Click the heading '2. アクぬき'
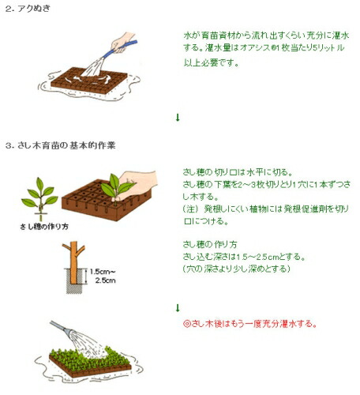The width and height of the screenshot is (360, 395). point(28,9)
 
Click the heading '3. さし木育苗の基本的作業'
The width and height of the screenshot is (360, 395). point(61,145)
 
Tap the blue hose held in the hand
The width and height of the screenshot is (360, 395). point(120,49)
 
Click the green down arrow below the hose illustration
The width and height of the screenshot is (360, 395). point(178,118)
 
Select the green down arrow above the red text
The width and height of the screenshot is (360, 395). point(178,308)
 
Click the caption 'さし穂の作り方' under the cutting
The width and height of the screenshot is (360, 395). point(44,227)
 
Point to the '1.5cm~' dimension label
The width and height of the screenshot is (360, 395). point(103,272)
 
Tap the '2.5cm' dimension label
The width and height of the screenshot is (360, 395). point(106,280)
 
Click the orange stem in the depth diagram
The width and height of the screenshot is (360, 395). point(73,262)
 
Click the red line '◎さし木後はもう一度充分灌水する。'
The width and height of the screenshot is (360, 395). point(249,324)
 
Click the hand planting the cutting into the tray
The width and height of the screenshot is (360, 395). point(137,183)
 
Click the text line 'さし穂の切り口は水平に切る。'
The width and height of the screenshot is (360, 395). point(238,172)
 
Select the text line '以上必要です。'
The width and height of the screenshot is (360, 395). point(211,63)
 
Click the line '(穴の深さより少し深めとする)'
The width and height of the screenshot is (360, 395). point(237,269)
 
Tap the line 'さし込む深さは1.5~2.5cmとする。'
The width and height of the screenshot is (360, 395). point(244,257)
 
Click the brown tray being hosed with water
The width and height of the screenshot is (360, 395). point(89,81)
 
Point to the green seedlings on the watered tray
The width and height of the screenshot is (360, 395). point(88,358)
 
